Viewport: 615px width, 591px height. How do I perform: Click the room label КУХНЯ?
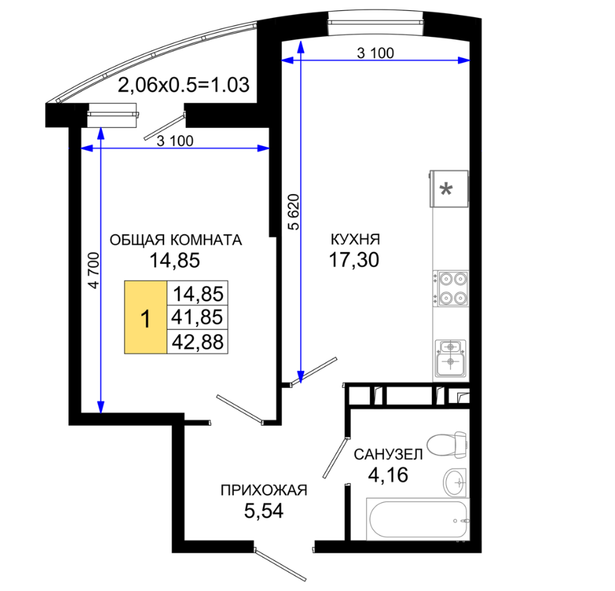[x=355, y=239]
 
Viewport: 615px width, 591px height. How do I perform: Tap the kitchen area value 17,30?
[x=354, y=260]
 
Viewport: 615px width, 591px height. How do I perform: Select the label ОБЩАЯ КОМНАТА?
[x=176, y=240]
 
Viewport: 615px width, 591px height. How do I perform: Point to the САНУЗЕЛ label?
[x=388, y=454]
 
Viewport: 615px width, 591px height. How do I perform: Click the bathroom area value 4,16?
[x=388, y=475]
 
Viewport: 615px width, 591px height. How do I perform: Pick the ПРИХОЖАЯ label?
[x=264, y=490]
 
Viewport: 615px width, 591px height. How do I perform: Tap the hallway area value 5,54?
[x=264, y=511]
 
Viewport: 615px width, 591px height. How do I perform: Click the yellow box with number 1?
[x=146, y=317]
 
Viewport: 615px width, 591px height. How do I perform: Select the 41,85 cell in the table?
[x=197, y=317]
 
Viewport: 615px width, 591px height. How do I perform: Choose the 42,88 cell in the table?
[x=197, y=342]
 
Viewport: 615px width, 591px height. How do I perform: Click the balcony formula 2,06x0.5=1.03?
[x=184, y=85]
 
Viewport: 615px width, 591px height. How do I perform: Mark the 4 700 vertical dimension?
[x=94, y=270]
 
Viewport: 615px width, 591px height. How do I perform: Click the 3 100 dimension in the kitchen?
[x=375, y=53]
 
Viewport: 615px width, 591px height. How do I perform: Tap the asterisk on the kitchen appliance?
[x=447, y=190]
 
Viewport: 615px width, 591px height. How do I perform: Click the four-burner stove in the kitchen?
[x=451, y=288]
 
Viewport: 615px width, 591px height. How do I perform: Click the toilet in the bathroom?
[x=447, y=445]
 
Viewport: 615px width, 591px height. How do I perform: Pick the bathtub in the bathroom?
[x=418, y=520]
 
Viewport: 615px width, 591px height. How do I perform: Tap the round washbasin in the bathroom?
[x=455, y=482]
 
